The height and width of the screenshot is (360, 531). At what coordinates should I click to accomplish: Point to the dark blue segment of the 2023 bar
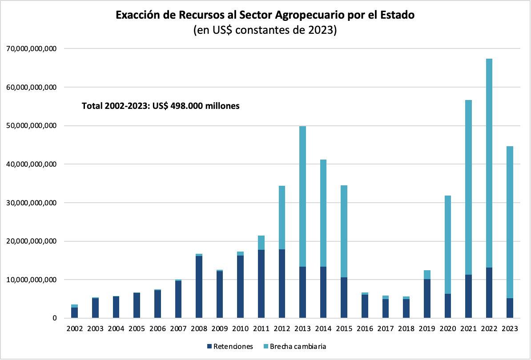point(510,308)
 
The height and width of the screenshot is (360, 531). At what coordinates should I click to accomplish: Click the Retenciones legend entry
point(230,346)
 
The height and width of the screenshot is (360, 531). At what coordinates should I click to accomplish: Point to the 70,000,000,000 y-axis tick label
point(30,48)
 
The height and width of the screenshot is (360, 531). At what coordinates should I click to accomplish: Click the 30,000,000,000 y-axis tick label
point(30,203)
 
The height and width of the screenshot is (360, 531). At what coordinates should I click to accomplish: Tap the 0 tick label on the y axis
point(54,318)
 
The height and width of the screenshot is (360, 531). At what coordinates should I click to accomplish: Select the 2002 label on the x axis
point(74,329)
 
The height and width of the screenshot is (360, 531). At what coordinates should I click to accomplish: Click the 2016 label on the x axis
point(364,329)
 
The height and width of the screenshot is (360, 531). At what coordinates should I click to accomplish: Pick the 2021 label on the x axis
point(468,329)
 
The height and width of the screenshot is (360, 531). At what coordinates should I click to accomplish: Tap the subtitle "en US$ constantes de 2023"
point(265,31)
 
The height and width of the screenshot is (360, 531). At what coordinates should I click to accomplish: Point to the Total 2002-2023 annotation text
point(161,106)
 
